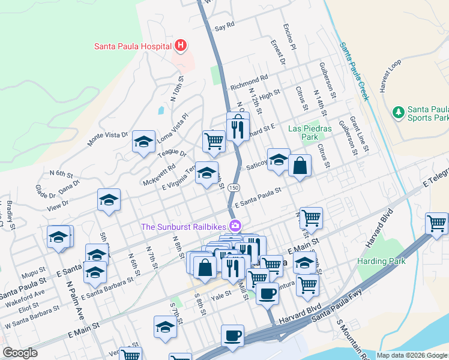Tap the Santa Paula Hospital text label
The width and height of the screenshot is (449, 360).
pos(132,46)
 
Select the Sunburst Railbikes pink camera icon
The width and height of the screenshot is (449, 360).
pos(235,226)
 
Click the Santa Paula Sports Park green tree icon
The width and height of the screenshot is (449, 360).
pos(397,112)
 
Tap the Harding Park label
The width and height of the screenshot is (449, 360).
pos(381,261)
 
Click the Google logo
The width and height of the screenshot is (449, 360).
pos(20,352)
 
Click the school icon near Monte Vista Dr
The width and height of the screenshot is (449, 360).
pos(143,142)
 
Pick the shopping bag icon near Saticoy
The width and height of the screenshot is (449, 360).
pos(300,165)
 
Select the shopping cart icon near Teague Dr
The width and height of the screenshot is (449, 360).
pos(214,141)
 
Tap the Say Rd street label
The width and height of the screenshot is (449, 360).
pos(224,27)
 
